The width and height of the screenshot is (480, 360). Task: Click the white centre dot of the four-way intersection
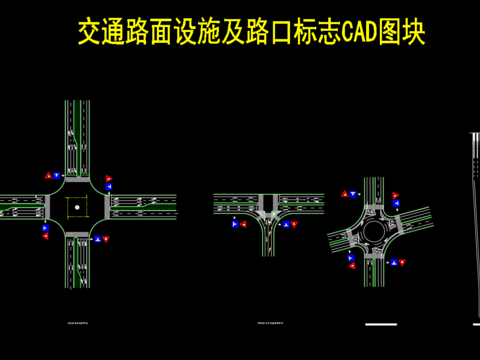click(x=76, y=207)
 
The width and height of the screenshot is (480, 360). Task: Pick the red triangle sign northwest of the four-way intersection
click(x=47, y=176)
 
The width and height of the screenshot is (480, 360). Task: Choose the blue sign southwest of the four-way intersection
click(x=45, y=236)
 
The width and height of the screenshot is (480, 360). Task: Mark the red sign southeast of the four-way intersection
click(x=105, y=239)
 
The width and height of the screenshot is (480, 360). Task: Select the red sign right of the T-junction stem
click(x=294, y=226)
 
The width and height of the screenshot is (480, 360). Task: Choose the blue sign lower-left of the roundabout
click(x=351, y=266)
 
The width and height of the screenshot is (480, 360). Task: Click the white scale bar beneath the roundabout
click(x=381, y=324)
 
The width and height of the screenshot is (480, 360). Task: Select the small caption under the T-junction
click(x=269, y=325)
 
